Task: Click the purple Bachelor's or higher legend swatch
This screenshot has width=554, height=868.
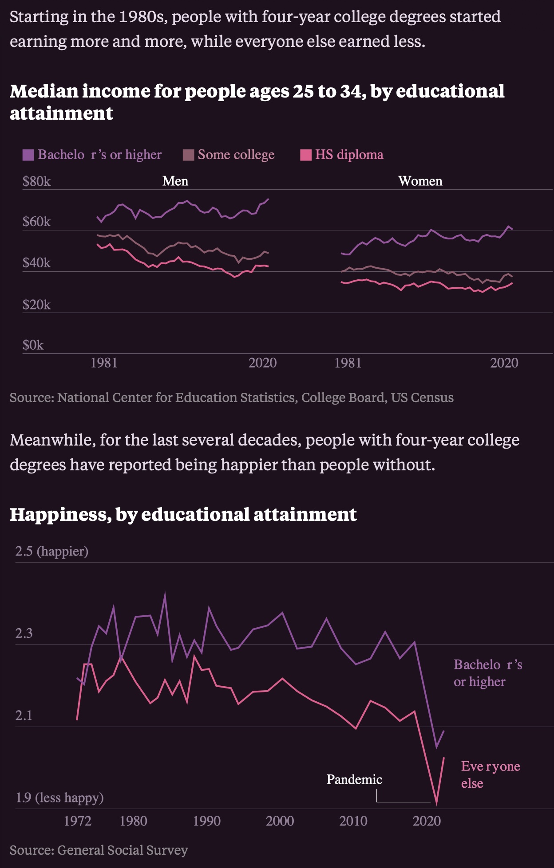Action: (x=28, y=155)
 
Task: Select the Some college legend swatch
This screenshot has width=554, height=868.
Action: (x=188, y=155)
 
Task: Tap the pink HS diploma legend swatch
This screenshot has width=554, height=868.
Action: (x=306, y=155)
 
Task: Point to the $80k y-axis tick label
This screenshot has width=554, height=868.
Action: (x=36, y=181)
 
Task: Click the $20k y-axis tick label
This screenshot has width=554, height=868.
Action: (x=36, y=305)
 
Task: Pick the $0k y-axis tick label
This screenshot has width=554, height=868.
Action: (x=33, y=345)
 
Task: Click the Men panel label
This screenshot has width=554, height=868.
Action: (x=175, y=181)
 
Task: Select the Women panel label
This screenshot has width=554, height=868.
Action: (x=420, y=181)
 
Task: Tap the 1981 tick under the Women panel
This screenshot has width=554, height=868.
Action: (x=348, y=363)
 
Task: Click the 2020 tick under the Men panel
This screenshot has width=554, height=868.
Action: (x=262, y=363)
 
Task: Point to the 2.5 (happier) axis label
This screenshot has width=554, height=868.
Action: (x=51, y=551)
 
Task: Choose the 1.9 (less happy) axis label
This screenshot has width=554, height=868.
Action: (x=59, y=798)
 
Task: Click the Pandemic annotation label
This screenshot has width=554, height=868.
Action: (x=354, y=779)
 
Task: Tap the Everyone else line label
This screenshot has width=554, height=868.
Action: (x=490, y=774)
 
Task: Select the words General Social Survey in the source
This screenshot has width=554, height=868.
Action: (x=123, y=850)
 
